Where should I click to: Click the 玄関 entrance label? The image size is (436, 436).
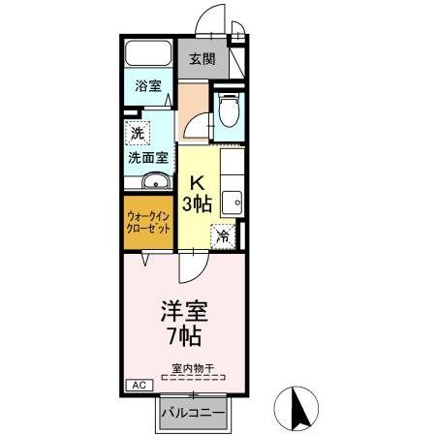tap(202, 60)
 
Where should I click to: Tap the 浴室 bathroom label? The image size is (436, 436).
tap(147, 86)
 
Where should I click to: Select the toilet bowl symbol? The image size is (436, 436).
tap(229, 112)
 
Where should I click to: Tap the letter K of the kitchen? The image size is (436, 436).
tap(197, 181)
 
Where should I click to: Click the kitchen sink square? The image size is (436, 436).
tap(232, 203)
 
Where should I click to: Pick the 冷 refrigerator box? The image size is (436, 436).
tap(224, 234)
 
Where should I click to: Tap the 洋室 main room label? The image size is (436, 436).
tap(184, 312)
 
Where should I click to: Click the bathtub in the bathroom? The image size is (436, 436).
tap(147, 53)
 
